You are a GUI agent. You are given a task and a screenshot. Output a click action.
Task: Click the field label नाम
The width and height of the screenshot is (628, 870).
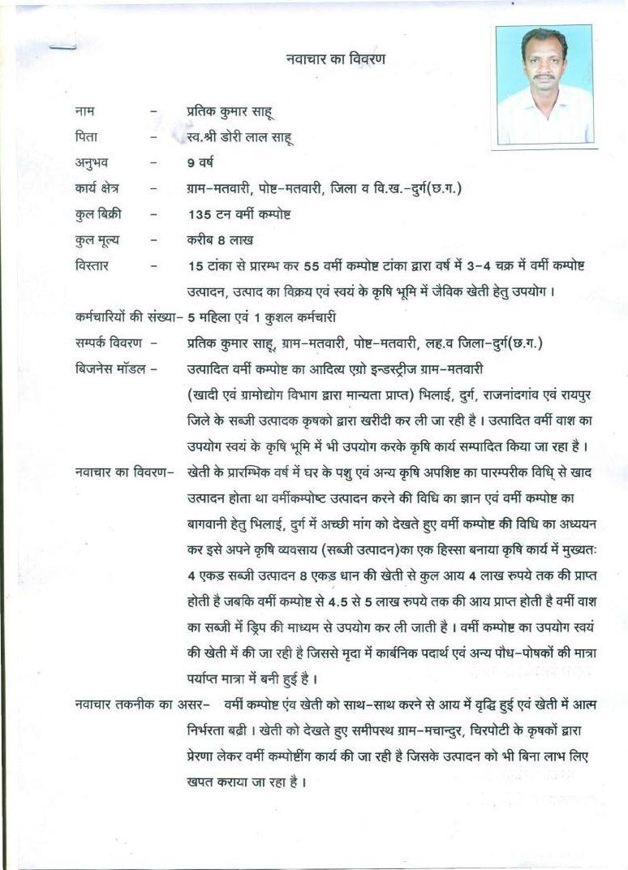coord(84,110)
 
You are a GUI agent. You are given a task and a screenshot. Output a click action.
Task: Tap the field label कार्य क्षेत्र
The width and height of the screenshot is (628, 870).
coord(97,188)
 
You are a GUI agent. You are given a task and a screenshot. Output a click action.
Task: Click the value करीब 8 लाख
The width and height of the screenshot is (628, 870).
coord(220,240)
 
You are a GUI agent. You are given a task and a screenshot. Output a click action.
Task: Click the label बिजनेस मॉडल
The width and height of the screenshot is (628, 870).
coord(108,369)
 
